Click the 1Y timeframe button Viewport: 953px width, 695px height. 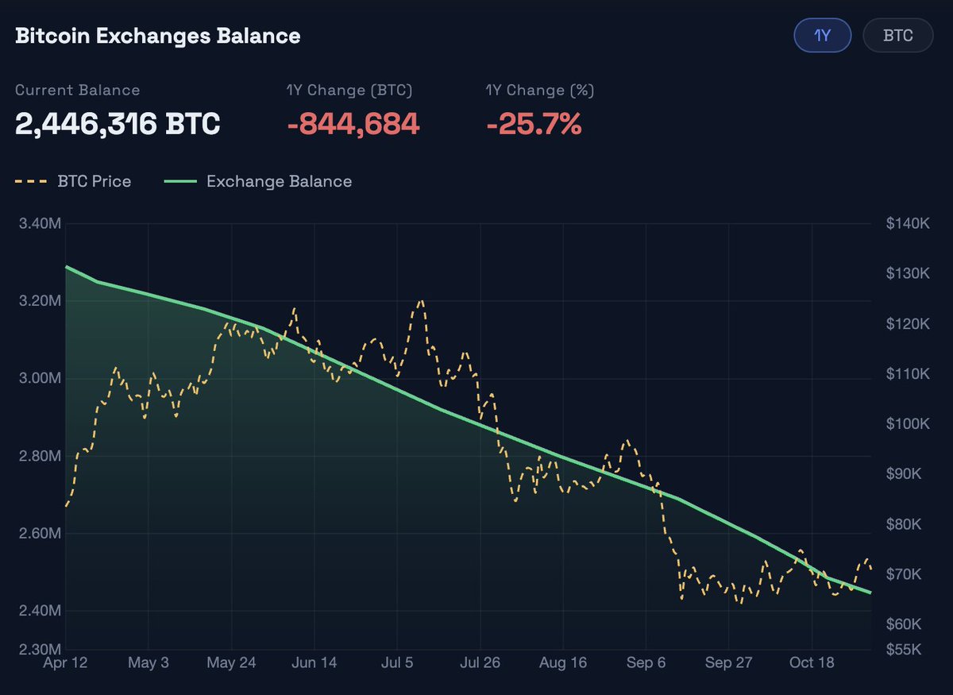[823, 36]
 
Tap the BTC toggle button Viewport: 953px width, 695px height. [897, 36]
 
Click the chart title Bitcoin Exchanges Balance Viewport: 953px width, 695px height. [158, 36]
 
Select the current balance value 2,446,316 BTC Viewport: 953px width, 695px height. [118, 124]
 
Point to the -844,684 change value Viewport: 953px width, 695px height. [353, 124]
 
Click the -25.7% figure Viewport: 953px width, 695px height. [534, 124]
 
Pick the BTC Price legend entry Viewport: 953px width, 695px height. [73, 181]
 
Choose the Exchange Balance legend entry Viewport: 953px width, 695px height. [258, 181]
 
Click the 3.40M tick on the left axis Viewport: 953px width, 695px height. [39, 223]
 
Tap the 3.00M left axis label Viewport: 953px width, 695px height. [39, 378]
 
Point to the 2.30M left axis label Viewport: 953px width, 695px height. [39, 649]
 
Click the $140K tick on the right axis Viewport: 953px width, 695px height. [908, 223]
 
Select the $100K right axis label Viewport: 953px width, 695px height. [908, 424]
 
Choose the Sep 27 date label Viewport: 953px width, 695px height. [729, 663]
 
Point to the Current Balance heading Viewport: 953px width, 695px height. [77, 90]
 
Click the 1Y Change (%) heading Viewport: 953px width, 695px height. [540, 90]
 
